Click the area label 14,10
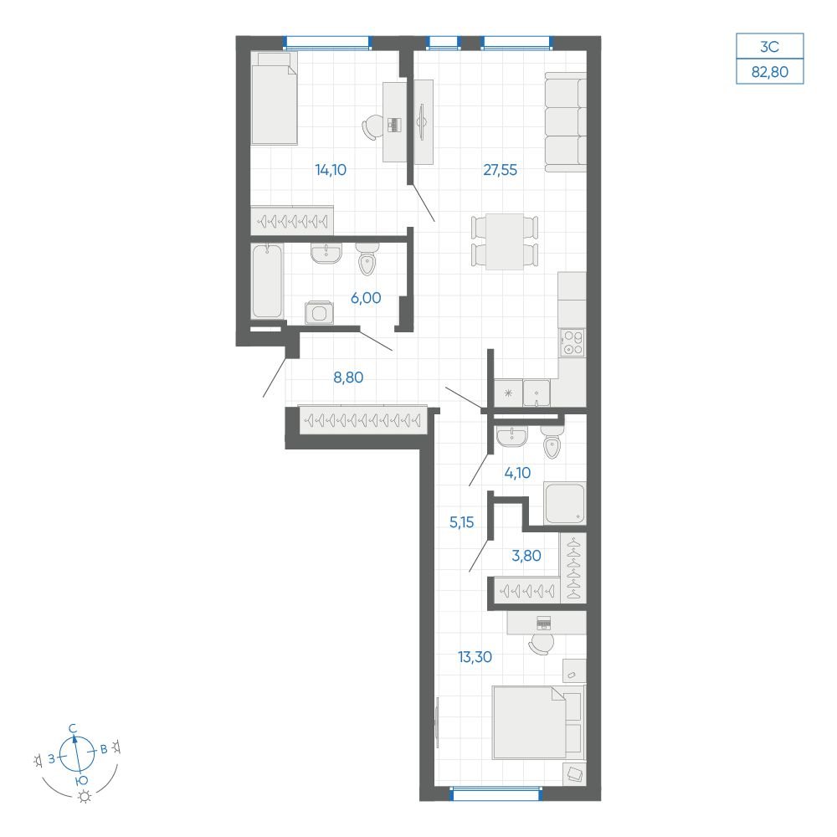click(x=331, y=170)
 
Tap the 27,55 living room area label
click(x=501, y=170)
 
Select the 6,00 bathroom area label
click(x=366, y=298)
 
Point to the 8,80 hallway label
click(x=348, y=377)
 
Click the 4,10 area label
click(x=517, y=472)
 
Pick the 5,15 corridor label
click(x=462, y=522)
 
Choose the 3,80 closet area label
click(x=526, y=556)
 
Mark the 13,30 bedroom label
click(x=475, y=656)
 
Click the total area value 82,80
click(x=770, y=71)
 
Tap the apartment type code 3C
click(x=770, y=47)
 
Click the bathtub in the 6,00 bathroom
click(x=267, y=281)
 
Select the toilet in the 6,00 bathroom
click(x=367, y=259)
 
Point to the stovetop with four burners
click(x=572, y=342)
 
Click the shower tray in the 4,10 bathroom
click(x=564, y=503)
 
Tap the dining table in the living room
click(x=505, y=242)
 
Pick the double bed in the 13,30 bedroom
click(x=537, y=722)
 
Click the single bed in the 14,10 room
click(x=274, y=98)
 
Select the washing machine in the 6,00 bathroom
click(x=319, y=312)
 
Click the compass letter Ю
click(x=81, y=781)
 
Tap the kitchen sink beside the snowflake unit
click(x=536, y=393)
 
